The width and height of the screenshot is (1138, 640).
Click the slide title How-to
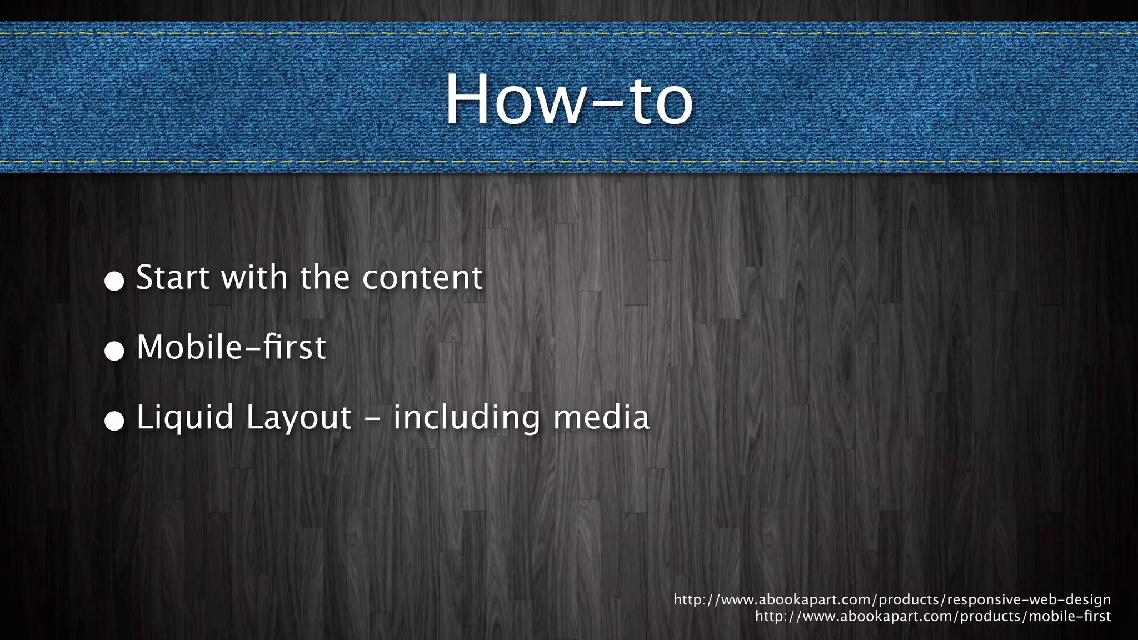tap(569, 100)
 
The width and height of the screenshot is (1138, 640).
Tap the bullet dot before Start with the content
tap(114, 281)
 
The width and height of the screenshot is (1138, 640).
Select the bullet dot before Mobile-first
tap(114, 351)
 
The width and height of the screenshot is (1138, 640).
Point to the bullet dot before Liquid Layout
tap(114, 421)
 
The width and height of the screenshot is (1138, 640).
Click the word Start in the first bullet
tap(173, 277)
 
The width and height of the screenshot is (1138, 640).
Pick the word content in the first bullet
tap(422, 277)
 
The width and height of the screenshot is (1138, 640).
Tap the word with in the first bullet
tap(254, 277)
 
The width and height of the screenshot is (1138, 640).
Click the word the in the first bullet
tap(325, 277)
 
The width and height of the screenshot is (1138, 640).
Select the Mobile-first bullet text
tap(231, 347)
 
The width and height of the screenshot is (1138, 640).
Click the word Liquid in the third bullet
tap(185, 418)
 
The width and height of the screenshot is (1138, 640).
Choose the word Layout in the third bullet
tap(299, 418)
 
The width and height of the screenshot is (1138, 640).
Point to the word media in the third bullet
tap(601, 418)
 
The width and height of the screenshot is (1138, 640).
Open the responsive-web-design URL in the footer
tap(892, 600)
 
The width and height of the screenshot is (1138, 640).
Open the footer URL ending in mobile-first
tap(932, 616)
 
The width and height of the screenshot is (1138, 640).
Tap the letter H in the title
tap(469, 100)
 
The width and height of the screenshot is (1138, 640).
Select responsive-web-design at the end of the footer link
tap(1029, 600)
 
